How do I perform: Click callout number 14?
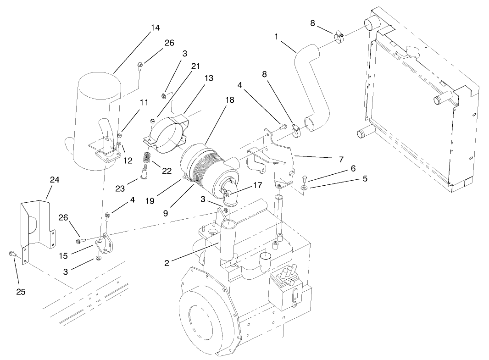[x=155, y=28]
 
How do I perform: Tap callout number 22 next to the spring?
[x=166, y=171]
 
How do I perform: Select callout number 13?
[x=209, y=78]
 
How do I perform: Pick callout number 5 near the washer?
[x=365, y=179]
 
